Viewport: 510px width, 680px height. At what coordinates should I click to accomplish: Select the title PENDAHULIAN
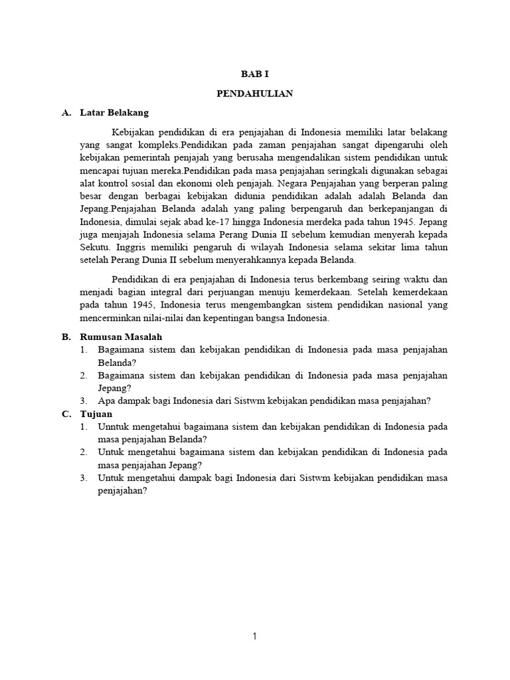tap(255, 94)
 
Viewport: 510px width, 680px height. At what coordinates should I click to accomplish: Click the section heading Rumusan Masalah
tap(121, 337)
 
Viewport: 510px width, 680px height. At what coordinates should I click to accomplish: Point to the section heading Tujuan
tap(96, 414)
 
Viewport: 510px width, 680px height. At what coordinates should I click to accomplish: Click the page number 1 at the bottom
tap(255, 636)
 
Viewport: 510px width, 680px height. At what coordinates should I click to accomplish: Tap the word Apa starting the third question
tap(106, 400)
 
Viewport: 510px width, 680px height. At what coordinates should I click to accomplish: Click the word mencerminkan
tap(94, 318)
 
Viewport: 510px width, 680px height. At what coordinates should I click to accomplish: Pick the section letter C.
tap(65, 414)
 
